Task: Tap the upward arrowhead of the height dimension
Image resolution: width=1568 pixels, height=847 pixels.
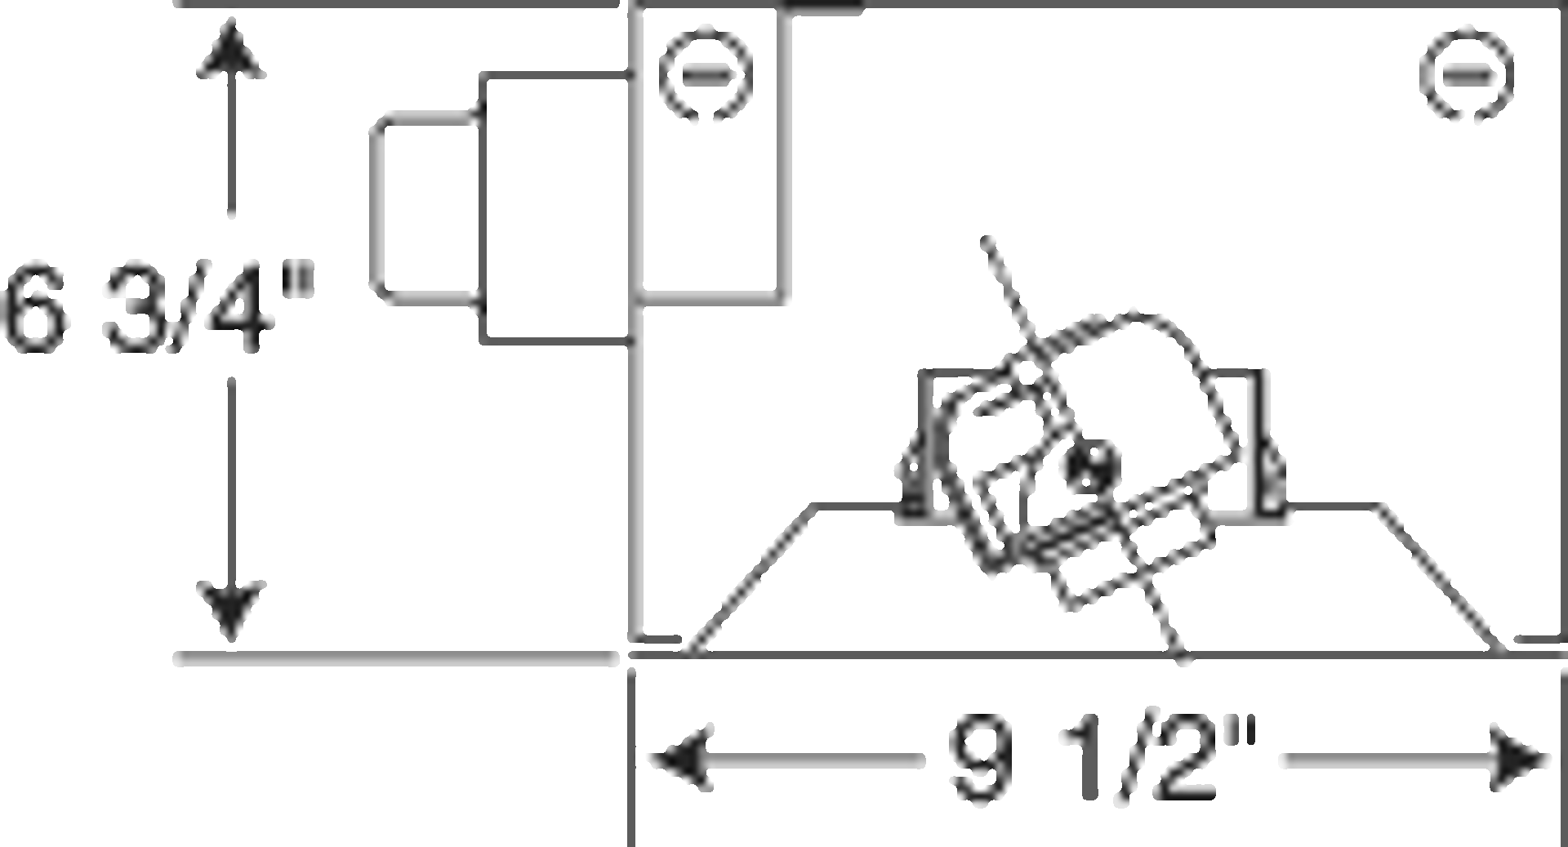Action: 231,51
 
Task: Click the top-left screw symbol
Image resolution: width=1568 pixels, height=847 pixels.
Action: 706,75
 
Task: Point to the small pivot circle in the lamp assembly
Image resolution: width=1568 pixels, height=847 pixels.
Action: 1089,466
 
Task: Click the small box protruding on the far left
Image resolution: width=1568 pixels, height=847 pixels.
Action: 425,208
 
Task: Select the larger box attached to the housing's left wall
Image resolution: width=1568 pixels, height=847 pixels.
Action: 555,208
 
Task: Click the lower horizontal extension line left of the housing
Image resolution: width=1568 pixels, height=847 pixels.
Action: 396,658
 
